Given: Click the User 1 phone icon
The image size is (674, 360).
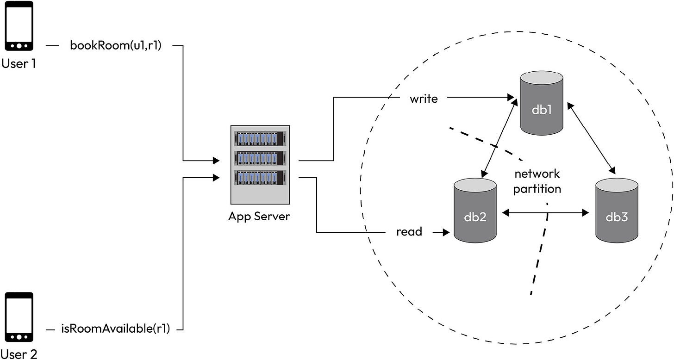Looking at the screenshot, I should pos(19,26).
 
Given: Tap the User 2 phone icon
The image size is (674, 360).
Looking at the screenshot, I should pos(19,317).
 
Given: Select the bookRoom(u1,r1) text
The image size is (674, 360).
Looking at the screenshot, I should pos(115,45).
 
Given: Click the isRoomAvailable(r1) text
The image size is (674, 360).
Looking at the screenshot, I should pos(115,329).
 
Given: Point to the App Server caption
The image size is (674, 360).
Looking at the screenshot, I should pos(259,216).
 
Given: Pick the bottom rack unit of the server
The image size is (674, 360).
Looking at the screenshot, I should pos(259,178).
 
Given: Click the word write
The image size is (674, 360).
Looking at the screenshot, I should pos(424,98).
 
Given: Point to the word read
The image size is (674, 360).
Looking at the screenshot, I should pos(409,232).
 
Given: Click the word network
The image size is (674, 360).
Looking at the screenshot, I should pos(537,174).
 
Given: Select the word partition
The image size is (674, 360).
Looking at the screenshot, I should pos(537,189).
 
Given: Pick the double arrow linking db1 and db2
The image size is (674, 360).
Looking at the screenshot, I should pos(499,138).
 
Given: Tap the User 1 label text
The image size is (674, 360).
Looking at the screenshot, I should pos(19,63).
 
